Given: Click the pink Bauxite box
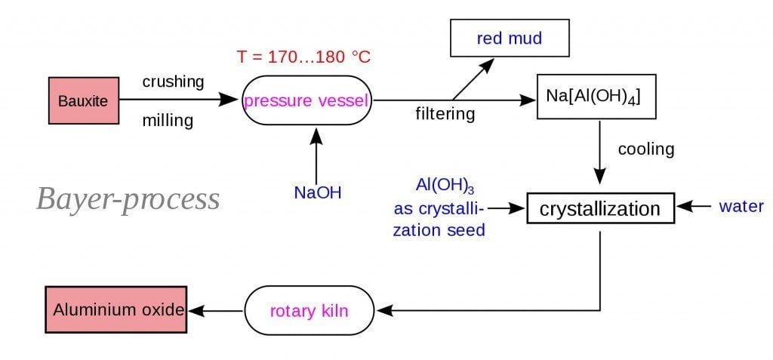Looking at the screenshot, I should pos(84,100).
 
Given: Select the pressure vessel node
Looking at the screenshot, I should pos(307,100).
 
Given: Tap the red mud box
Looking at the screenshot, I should pos(510,38).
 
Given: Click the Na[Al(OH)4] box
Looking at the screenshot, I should pos(593,97).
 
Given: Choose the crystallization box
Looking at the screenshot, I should pos(600,208).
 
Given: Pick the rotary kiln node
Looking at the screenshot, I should pos(310,310).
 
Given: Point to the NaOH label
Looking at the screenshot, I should pos(318,192).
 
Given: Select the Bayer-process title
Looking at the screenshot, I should pos(128,199).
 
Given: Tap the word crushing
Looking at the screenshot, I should pos(174,82).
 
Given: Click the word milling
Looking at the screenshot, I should pos(168,121).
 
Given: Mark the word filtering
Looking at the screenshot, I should pos(445,115).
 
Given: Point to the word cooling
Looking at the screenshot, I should pos(645,149).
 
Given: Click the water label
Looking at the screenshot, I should pos(741,206).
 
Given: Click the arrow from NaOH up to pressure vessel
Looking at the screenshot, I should pos(316,155).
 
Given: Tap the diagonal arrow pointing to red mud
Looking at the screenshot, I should pos(473,78).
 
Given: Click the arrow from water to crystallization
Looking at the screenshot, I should pos(694,206).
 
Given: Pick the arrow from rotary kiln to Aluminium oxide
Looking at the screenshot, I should pos(215,310).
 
